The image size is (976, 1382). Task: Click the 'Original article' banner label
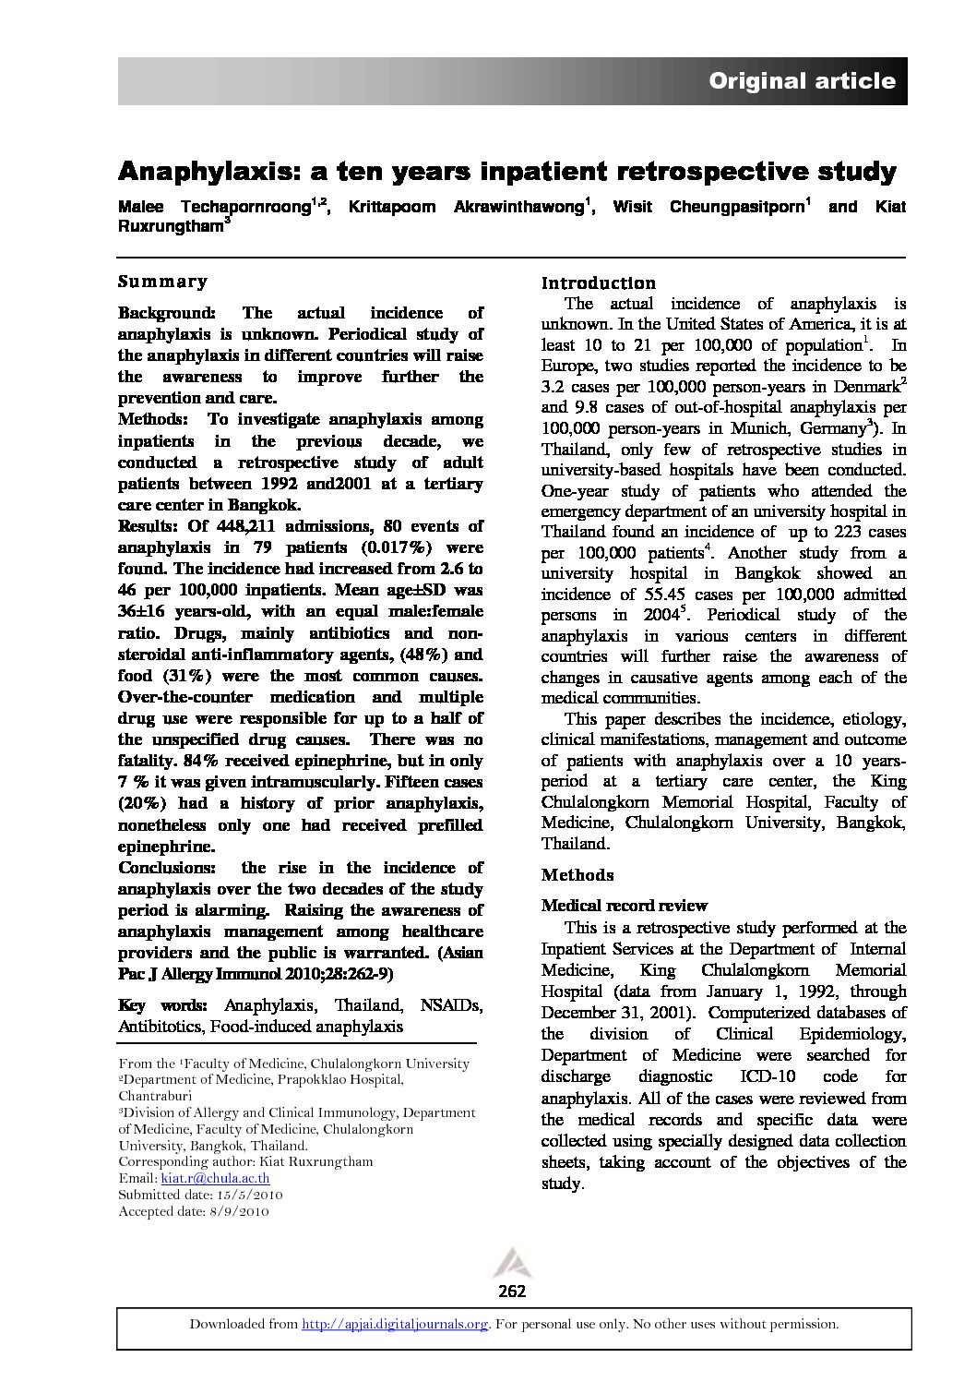[802, 81]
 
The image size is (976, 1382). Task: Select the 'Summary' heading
[163, 282]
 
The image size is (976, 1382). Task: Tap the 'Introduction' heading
[599, 282]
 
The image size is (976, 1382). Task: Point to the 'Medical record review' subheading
[625, 906]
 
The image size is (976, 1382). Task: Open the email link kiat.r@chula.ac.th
[215, 1178]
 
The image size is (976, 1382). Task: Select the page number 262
[511, 1291]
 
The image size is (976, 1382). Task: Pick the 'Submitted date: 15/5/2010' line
[200, 1195]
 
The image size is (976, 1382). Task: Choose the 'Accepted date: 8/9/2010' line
[194, 1211]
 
